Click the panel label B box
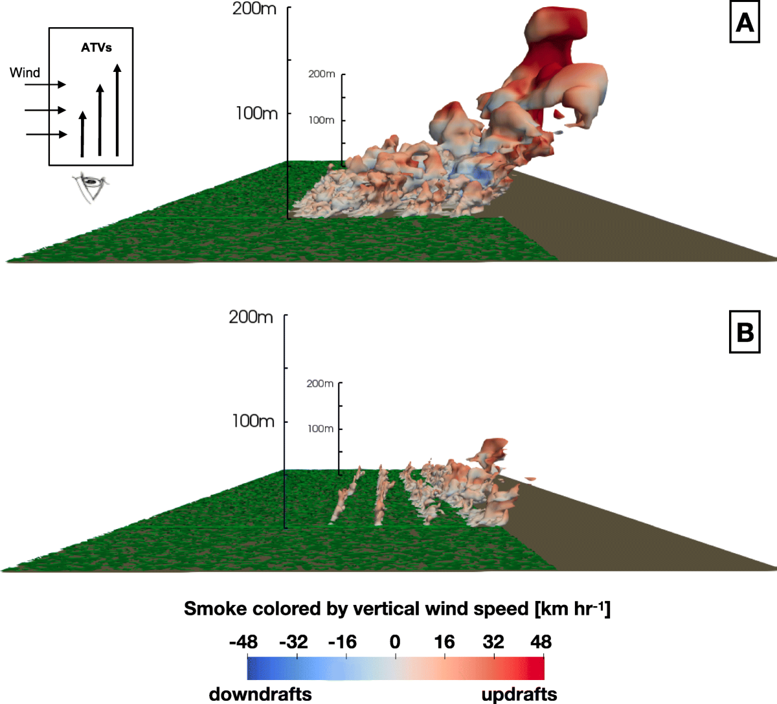[x=745, y=333]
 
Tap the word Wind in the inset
[x=25, y=73]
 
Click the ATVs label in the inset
[x=96, y=47]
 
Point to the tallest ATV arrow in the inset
[x=117, y=110]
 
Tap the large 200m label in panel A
[x=254, y=9]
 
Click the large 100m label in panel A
[x=256, y=113]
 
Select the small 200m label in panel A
[x=321, y=74]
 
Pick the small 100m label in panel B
[x=321, y=429]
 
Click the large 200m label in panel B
[x=251, y=317]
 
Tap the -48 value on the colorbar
[x=243, y=642]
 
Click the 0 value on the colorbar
[x=395, y=642]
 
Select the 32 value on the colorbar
[x=493, y=642]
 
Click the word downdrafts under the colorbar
[x=260, y=694]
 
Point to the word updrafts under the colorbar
[x=519, y=694]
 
